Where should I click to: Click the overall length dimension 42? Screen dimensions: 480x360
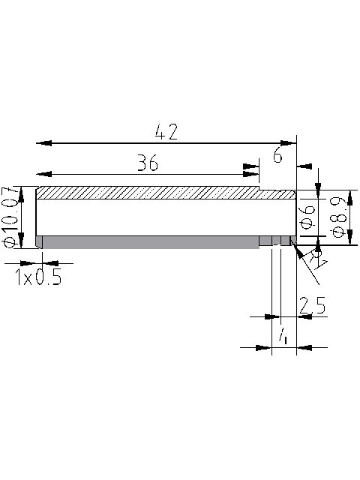click(x=166, y=133)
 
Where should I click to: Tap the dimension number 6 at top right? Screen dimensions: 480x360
click(x=277, y=156)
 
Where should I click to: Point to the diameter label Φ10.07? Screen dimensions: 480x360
click(x=10, y=217)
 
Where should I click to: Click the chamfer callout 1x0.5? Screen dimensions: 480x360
click(x=37, y=278)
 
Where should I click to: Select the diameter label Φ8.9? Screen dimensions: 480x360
click(x=338, y=217)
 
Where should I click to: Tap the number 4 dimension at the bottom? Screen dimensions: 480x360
click(x=283, y=337)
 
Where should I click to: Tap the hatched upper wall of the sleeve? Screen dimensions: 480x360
click(x=150, y=193)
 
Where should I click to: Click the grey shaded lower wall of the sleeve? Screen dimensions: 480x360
click(x=150, y=241)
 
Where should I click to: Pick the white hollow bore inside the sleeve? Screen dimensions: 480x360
click(x=150, y=217)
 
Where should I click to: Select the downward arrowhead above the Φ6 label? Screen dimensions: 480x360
click(x=318, y=191)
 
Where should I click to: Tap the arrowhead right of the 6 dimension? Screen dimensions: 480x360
click(x=305, y=166)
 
